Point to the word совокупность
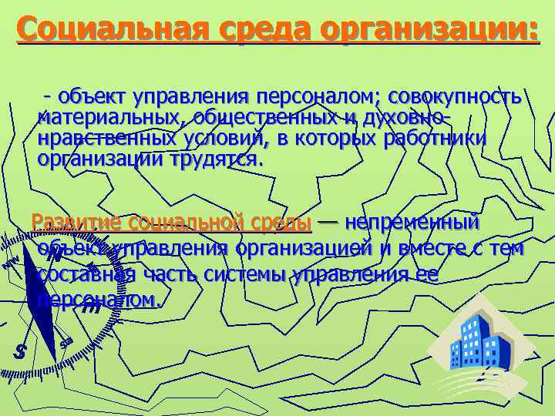click(x=455, y=98)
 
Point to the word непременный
click(x=413, y=223)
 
